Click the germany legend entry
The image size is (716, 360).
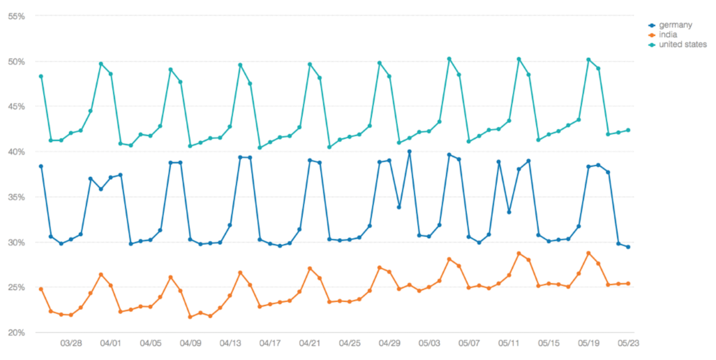675,25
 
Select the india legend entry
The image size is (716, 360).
669,35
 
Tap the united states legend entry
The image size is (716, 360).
683,44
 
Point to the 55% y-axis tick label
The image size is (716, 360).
16,16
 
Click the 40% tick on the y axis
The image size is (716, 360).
16,152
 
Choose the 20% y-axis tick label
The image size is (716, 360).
16,333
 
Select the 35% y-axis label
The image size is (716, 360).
16,197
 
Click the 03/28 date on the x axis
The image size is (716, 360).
70,343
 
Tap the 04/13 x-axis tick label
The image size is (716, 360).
230,343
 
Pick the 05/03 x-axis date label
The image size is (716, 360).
429,343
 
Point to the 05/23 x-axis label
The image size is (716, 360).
628,343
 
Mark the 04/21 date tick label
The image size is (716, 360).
310,343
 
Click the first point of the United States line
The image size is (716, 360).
41,76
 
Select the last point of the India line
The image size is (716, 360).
628,284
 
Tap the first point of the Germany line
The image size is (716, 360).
41,166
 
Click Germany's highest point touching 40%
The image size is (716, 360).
409,152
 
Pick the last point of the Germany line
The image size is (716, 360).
628,247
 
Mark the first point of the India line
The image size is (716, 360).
41,289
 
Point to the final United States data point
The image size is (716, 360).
628,130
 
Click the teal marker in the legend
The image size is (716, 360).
652,44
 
